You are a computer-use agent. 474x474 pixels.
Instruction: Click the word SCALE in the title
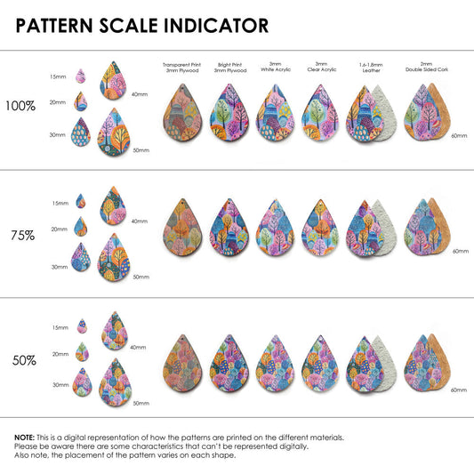pyautogui.click(x=129, y=26)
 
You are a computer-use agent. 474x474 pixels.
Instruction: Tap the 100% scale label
pyautogui.click(x=20, y=106)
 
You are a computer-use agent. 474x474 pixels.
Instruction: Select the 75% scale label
pyautogui.click(x=22, y=236)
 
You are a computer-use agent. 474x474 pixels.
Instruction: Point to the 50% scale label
pyautogui.click(x=24, y=360)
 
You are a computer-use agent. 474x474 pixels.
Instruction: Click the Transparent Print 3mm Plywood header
pyautogui.click(x=182, y=68)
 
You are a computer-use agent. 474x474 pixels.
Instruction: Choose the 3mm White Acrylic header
pyautogui.click(x=276, y=67)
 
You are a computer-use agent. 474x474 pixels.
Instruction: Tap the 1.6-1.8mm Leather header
pyautogui.click(x=371, y=68)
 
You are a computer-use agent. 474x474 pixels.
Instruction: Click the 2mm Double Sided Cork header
pyautogui.click(x=427, y=67)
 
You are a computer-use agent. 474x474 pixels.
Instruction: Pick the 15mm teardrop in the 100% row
pyautogui.click(x=80, y=76)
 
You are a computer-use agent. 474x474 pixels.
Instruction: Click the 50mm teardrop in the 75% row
pyautogui.click(x=114, y=257)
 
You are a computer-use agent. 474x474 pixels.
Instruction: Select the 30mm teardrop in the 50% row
pyautogui.click(x=82, y=382)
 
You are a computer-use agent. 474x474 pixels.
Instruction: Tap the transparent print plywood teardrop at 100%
pyautogui.click(x=182, y=113)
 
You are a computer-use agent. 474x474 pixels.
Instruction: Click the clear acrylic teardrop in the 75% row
pyautogui.click(x=320, y=228)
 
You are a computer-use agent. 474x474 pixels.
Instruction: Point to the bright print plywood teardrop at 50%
pyautogui.click(x=229, y=364)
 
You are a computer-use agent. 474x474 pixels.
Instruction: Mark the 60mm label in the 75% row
pyautogui.click(x=461, y=251)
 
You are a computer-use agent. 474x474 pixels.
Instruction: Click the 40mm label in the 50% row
pyautogui.click(x=138, y=348)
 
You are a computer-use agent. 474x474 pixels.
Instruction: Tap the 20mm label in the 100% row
pyautogui.click(x=58, y=102)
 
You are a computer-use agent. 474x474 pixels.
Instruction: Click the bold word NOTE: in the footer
pyautogui.click(x=25, y=438)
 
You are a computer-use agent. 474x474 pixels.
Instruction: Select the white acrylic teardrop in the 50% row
pyautogui.click(x=275, y=364)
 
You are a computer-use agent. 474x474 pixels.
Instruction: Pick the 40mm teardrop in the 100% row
pyautogui.click(x=113, y=80)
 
